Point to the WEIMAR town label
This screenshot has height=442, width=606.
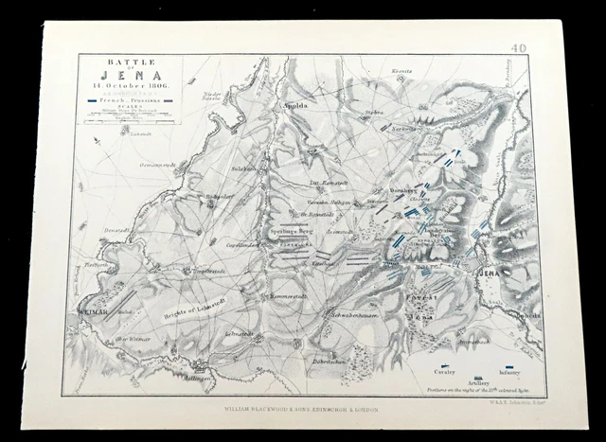click(89, 308)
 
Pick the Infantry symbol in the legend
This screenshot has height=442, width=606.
click(508, 363)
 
